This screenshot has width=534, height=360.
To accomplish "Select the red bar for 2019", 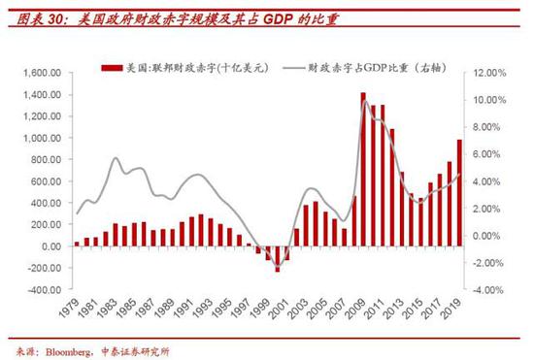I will pos(459,193).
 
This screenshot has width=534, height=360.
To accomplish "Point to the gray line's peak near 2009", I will pos(365,100).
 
